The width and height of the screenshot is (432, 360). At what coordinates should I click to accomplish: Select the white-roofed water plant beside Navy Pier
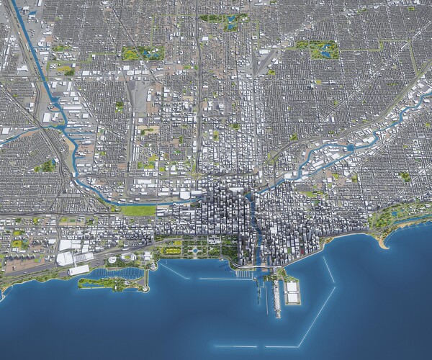[x=292, y=292]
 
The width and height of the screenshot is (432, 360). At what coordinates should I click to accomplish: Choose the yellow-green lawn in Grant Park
[x=173, y=250]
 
